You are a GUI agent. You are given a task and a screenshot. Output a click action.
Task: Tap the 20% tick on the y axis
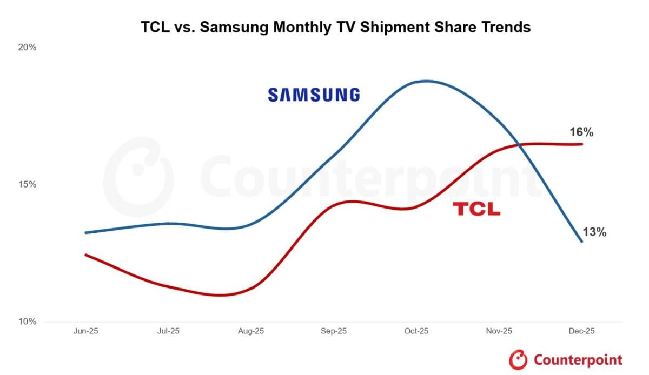(27, 48)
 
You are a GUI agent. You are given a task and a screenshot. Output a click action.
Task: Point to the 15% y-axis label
(27, 185)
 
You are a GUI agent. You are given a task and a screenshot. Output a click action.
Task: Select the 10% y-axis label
(27, 322)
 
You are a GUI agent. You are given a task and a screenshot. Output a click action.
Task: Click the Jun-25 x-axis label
(86, 331)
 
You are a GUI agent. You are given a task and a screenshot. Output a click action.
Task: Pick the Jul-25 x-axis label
(168, 331)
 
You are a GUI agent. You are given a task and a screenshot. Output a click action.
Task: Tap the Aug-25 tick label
(251, 331)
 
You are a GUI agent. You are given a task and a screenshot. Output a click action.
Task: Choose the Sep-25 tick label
(334, 331)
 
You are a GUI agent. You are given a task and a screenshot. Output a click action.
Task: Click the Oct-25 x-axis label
(416, 331)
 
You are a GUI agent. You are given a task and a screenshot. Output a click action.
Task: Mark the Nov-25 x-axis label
(499, 331)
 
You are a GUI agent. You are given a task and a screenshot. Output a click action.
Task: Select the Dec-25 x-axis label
(581, 331)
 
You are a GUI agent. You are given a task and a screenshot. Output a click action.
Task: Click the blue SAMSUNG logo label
(314, 95)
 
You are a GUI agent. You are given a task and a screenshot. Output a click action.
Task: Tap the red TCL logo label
(476, 209)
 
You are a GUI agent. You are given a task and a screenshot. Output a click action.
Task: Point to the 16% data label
(581, 132)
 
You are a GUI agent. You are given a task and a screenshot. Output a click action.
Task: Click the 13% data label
(594, 232)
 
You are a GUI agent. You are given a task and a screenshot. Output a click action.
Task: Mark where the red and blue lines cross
(520, 144)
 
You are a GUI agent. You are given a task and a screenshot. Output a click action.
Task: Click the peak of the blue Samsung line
(426, 81)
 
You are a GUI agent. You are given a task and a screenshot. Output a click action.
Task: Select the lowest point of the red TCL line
(222, 295)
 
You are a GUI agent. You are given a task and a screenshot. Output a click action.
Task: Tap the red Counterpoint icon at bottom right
(518, 359)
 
